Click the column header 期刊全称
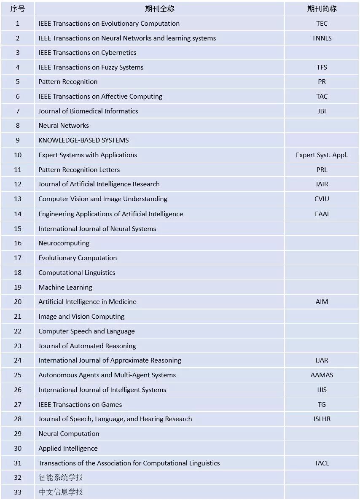159,9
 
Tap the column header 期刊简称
322,9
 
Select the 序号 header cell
17,9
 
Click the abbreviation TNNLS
322,38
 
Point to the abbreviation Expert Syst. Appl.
322,155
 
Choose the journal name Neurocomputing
64,243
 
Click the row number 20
17,301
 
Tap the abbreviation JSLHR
322,419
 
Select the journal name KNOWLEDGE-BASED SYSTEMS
83,140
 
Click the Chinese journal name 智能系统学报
61,477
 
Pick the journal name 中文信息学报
61,492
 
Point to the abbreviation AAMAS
322,375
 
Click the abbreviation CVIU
322,199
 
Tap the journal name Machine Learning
65,287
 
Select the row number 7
17,111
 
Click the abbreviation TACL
322,463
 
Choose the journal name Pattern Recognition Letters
79,169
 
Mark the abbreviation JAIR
322,184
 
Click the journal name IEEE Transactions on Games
80,404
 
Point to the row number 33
17,492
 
